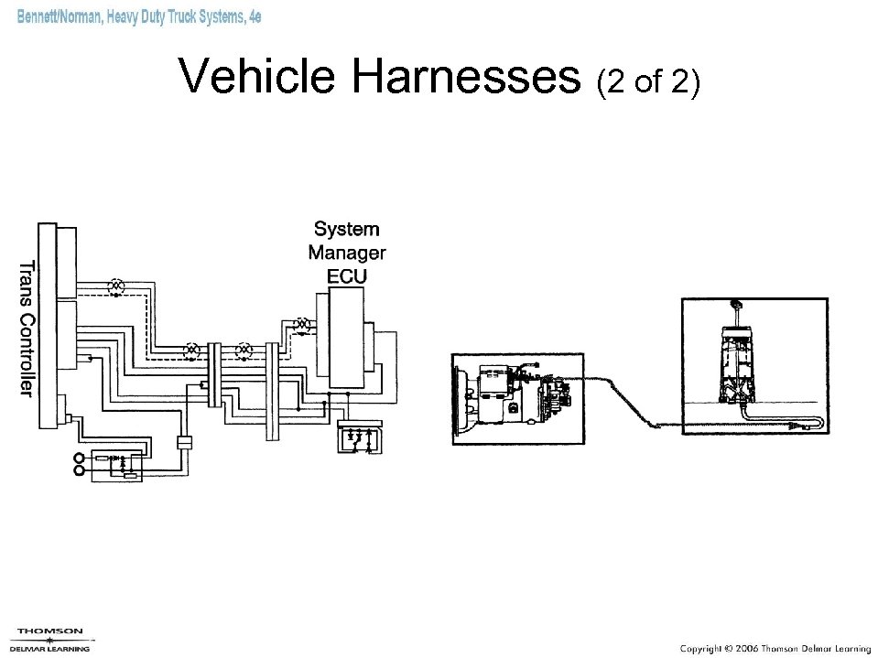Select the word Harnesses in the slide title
(468, 77)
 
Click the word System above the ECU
(347, 229)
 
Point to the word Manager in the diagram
(347, 253)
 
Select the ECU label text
(347, 275)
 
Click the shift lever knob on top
(735, 303)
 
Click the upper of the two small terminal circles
(80, 458)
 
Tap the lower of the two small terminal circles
(80, 471)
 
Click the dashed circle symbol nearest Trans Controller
(116, 286)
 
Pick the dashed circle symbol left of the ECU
(301, 325)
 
